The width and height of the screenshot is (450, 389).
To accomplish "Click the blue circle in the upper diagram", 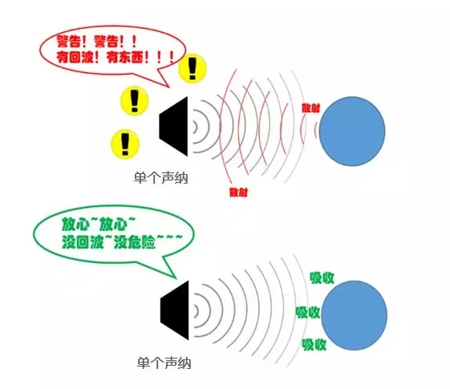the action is coord(352,132).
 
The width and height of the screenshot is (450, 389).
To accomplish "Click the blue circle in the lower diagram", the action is coord(355,315).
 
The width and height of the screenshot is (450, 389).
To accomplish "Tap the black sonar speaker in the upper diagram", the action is coord(173,127).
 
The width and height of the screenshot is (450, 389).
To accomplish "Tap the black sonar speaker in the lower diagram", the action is coord(175,310).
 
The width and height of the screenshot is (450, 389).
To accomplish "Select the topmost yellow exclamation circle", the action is coord(193,68).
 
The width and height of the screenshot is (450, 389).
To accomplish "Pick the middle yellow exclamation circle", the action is coord(135,101).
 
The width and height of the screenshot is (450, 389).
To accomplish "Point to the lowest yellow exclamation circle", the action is coord(125,144).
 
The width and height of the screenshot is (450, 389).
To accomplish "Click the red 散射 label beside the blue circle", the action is coord(310,107).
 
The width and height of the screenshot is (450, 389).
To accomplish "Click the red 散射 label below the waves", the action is coord(238,192).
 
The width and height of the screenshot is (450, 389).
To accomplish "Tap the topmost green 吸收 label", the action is coord(322,278).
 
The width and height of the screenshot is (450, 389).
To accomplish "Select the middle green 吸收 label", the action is coord(308,313).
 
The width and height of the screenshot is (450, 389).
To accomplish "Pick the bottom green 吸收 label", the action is coord(314,345).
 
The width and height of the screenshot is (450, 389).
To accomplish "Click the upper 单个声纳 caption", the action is coord(160,178).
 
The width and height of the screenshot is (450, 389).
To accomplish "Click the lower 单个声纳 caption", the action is coord(164,363).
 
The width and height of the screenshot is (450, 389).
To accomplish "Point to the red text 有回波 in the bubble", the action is coord(75,58).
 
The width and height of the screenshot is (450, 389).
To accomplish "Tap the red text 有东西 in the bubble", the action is coord(124,58).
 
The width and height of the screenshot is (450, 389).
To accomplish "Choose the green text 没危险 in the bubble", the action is coord(135,243).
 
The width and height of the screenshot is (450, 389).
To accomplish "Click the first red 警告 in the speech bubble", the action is coord(68,42).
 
